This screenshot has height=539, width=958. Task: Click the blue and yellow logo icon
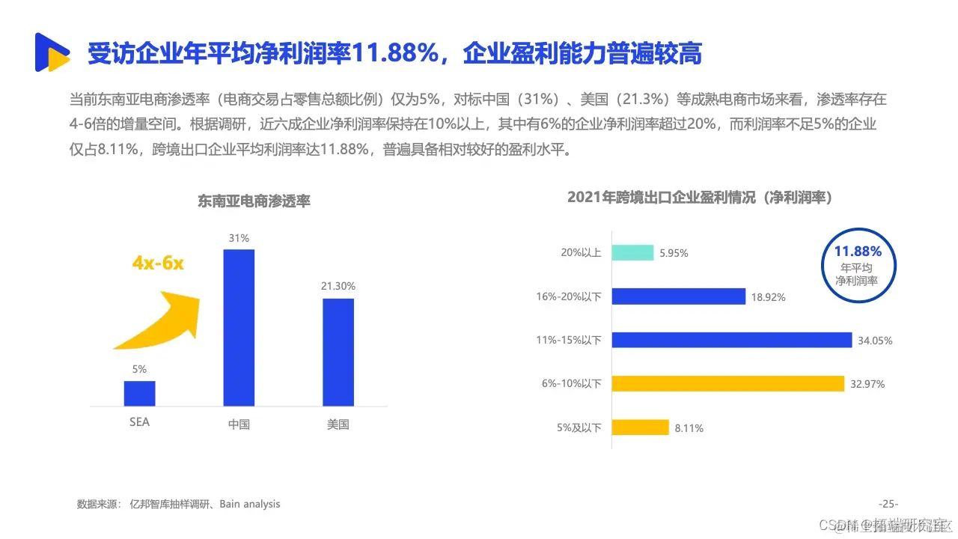tap(52, 52)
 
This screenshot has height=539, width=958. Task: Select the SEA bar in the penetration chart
tap(139, 393)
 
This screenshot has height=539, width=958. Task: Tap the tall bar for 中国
tap(239, 327)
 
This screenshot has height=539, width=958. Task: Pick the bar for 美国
tap(338, 352)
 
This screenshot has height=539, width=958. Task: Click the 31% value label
tap(239, 238)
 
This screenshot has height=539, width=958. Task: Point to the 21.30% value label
tap(338, 286)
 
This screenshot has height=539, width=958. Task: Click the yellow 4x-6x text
tap(158, 264)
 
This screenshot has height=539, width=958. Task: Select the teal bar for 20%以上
tap(632, 253)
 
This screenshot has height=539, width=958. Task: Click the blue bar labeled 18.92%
tap(678, 296)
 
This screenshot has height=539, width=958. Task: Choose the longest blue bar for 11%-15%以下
tap(731, 340)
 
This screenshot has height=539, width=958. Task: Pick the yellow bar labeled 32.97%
tap(727, 383)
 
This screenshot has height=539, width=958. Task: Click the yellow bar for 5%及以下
tap(640, 427)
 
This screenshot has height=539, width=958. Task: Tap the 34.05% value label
tap(875, 341)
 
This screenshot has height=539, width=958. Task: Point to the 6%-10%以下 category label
tap(572, 384)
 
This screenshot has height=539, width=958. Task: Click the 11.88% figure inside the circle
tap(858, 251)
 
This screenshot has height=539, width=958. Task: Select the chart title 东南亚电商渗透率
tap(254, 201)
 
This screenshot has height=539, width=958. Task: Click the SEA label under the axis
tap(139, 422)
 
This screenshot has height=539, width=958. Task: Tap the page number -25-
tap(888, 504)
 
